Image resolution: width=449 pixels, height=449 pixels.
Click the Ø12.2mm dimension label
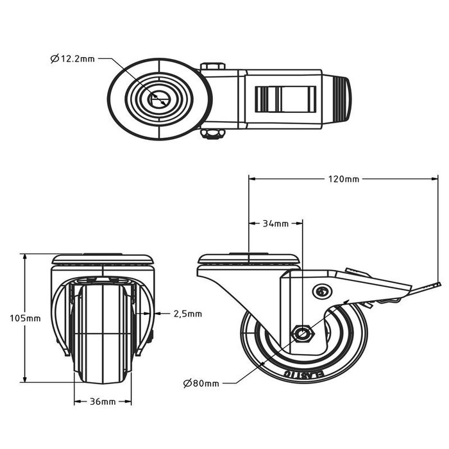tap(72, 59)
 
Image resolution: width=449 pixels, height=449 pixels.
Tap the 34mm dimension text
tap(276, 224)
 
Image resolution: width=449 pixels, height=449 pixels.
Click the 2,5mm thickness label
tap(187, 314)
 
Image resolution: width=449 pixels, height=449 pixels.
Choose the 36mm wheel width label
tap(103, 402)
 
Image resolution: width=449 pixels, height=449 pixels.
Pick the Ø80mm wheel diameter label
tap(201, 384)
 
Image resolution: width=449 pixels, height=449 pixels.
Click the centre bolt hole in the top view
tap(158, 99)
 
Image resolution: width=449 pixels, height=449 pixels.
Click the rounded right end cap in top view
tap(341, 99)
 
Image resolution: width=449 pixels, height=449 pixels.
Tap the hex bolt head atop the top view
tap(212, 66)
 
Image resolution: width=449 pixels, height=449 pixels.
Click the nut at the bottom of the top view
tap(212, 133)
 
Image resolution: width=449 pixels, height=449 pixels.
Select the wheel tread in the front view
tap(103, 334)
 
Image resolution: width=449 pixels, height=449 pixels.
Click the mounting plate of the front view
tap(103, 260)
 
